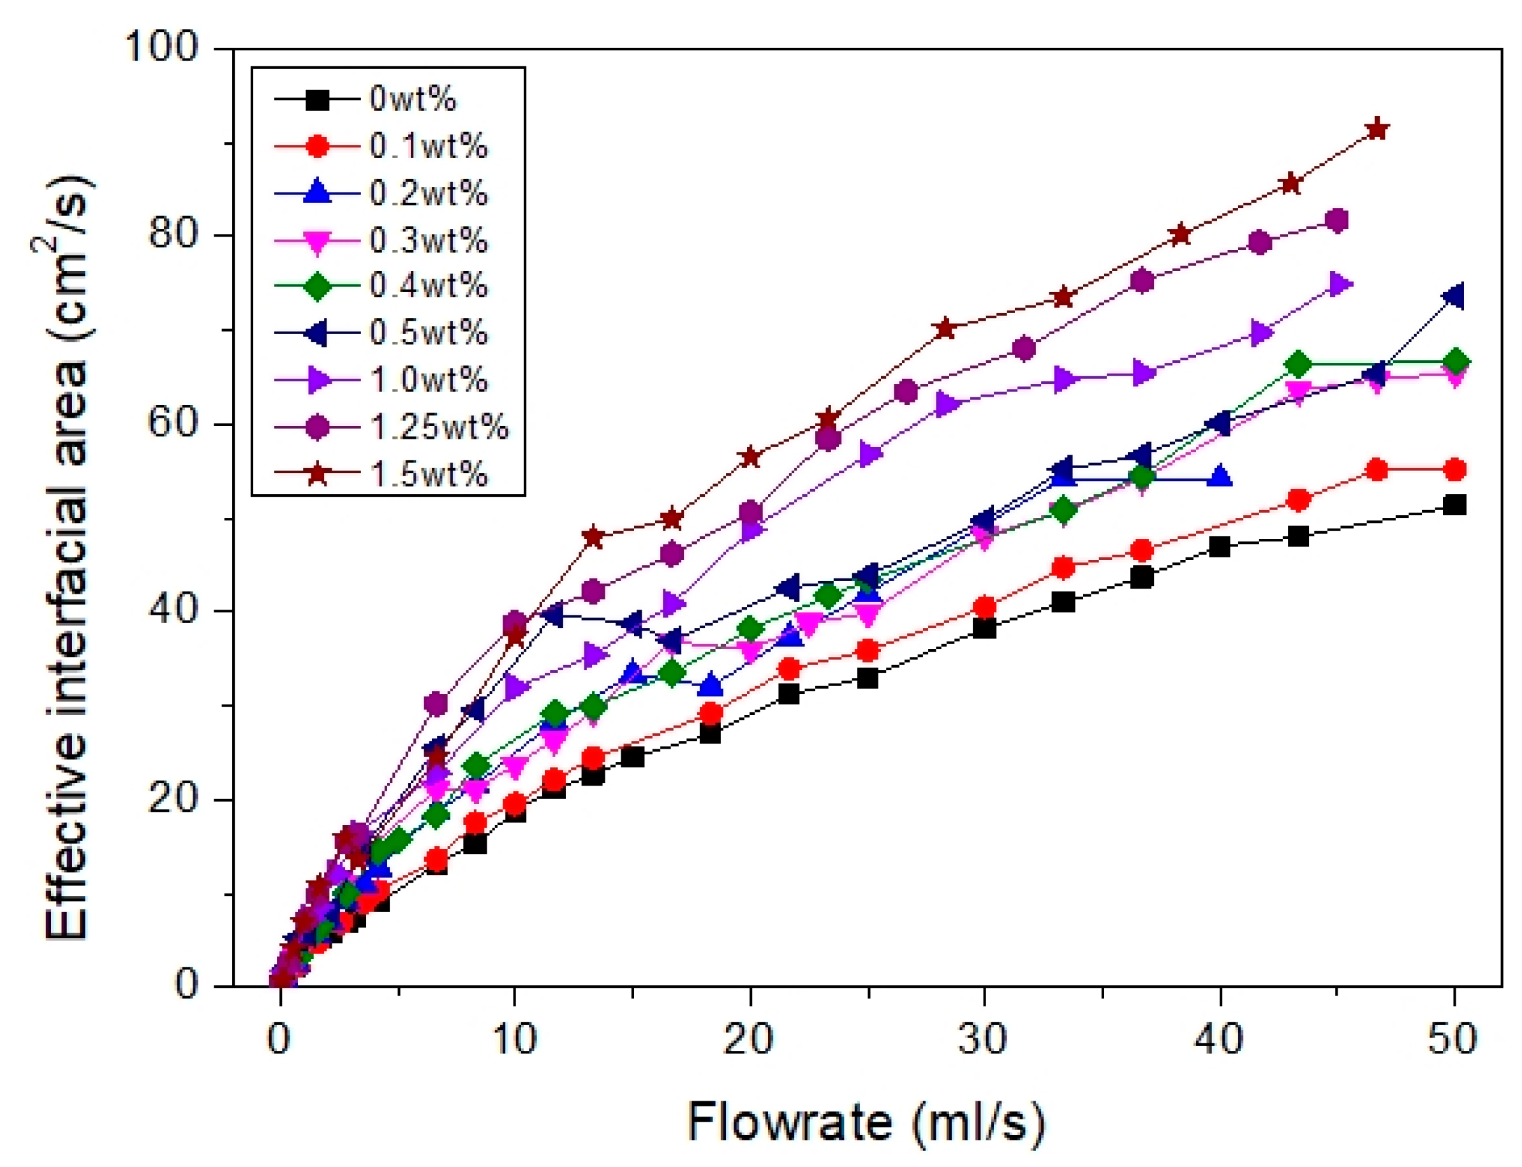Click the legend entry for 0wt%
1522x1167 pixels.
point(413,99)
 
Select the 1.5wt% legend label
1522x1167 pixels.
point(429,474)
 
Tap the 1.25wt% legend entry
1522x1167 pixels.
point(439,427)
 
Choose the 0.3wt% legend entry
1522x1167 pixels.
point(429,240)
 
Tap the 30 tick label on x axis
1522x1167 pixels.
point(983,1040)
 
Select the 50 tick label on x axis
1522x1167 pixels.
point(1453,1040)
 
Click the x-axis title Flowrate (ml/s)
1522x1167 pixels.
point(866,1121)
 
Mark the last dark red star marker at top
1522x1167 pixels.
point(1377,130)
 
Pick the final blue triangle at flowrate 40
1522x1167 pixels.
point(1219,477)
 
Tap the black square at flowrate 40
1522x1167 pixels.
point(1219,547)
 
